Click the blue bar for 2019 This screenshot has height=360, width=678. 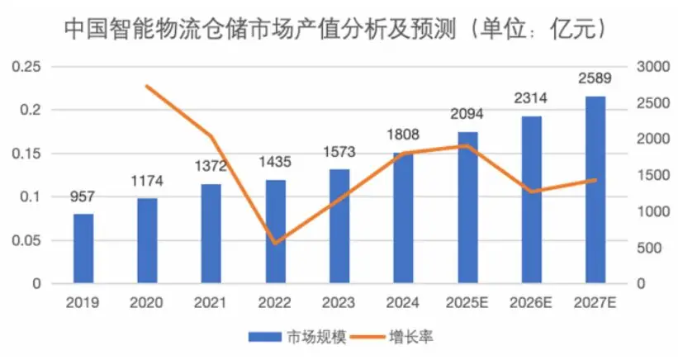[83, 249]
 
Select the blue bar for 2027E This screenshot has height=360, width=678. [595, 190]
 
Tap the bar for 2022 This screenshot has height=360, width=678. [276, 232]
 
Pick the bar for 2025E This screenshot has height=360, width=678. [467, 208]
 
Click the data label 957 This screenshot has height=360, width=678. [83, 198]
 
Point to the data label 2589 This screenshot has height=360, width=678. [595, 80]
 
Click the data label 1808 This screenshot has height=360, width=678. [404, 134]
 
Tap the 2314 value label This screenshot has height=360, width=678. [532, 99]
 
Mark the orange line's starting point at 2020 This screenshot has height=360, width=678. [147, 86]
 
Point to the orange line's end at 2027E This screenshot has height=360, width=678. [595, 179]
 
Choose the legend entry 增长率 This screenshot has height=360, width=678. [405, 337]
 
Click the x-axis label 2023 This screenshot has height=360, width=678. [339, 302]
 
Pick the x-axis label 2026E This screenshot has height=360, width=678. [532, 302]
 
